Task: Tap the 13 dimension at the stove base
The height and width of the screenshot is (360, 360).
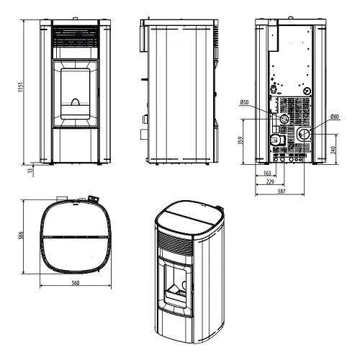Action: click(x=29, y=171)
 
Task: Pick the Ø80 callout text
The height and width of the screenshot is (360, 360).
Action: click(x=335, y=117)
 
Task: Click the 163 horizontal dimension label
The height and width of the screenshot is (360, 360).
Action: click(x=267, y=174)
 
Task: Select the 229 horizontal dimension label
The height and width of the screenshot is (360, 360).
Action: click(x=269, y=183)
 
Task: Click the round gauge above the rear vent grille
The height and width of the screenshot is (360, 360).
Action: click(x=307, y=92)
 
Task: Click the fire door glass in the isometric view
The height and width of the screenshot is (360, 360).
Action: click(x=176, y=282)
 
